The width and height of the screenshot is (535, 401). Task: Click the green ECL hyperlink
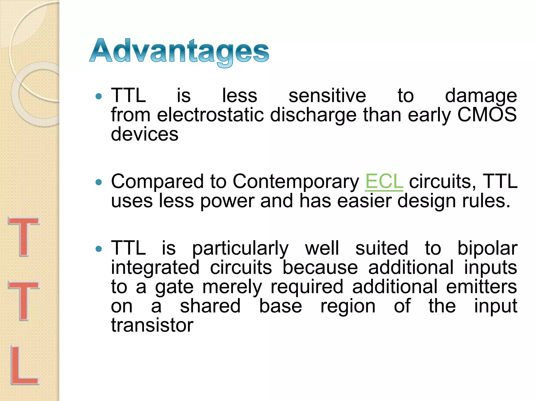pos(384,181)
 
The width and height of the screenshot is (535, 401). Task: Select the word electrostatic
pos(210,115)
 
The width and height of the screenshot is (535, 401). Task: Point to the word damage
pos(481,96)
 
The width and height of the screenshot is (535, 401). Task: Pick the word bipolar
pos(487,249)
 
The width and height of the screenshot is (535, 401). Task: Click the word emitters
pos(481,287)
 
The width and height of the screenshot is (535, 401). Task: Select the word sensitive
pos(327,96)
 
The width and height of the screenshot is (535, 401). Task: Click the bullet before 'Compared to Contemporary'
pos(99,182)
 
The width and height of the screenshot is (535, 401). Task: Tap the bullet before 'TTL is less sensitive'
pos(99,97)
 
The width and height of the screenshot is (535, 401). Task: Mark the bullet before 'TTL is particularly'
pos(99,249)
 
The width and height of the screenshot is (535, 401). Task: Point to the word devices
pos(144,134)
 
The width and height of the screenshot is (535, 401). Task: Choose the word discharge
pos(313,115)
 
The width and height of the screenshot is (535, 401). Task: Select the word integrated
pos(155,268)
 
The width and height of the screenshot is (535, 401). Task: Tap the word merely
pos(232,287)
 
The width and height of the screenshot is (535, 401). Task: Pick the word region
pos(348,306)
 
